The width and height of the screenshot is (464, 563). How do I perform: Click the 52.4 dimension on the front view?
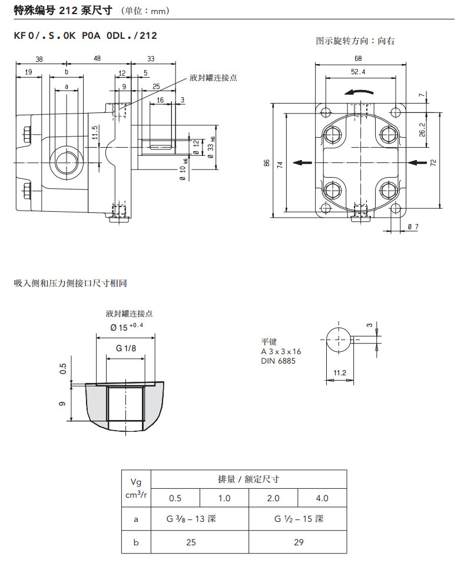(x=358, y=72)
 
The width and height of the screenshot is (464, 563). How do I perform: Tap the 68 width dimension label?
(x=358, y=58)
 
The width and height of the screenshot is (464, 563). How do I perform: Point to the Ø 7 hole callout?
(x=413, y=226)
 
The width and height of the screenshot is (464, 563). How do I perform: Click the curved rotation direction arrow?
(x=359, y=92)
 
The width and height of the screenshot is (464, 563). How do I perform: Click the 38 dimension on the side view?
(x=39, y=58)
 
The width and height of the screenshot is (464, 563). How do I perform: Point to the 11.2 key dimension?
(x=339, y=372)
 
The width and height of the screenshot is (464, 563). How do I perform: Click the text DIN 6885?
(x=279, y=361)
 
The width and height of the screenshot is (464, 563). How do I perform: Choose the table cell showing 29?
(x=298, y=542)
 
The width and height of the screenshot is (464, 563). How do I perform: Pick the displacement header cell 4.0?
(x=322, y=498)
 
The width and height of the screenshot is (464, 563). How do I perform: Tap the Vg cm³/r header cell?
(x=136, y=488)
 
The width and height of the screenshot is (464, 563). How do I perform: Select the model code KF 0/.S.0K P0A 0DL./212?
(x=85, y=35)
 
